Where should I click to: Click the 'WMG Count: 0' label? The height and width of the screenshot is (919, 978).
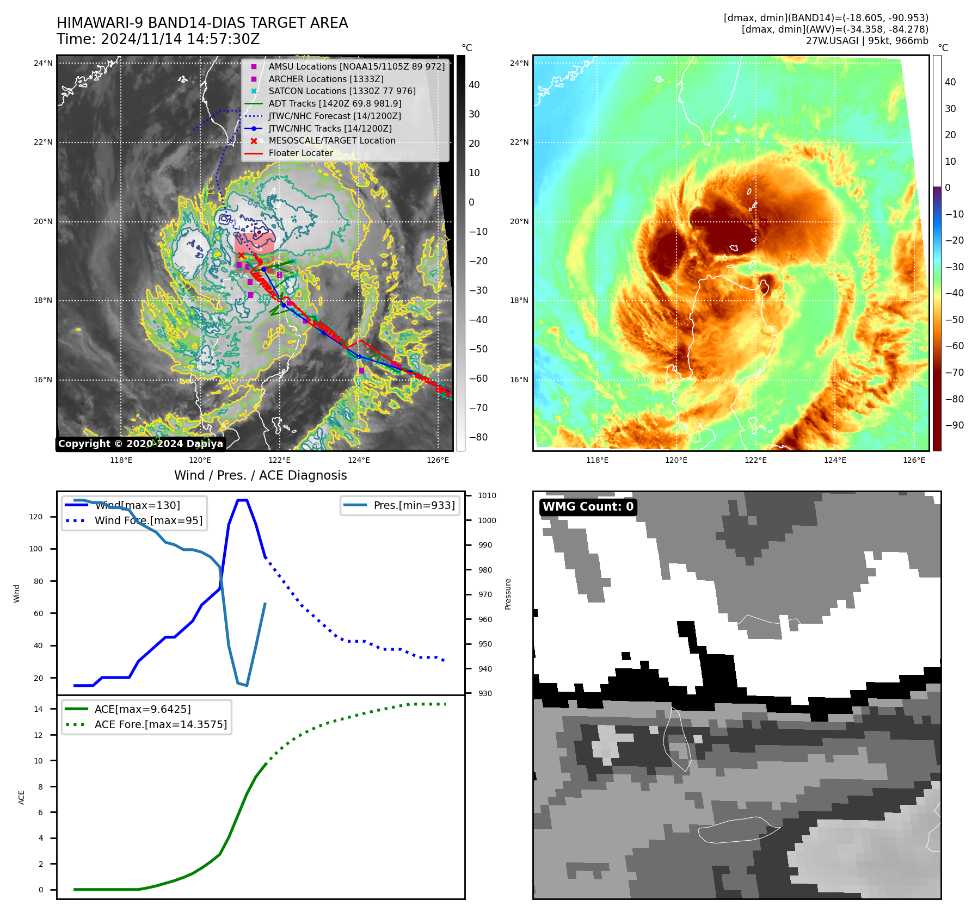click(588, 507)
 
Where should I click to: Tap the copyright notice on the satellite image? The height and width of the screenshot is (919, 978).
click(140, 444)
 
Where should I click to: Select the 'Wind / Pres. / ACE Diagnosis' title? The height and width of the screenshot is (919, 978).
click(260, 475)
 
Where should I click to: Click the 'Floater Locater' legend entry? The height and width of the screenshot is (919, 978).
click(300, 153)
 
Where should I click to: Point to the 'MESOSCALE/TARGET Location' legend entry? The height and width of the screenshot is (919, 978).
click(331, 141)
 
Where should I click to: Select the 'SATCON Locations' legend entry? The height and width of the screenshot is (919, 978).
click(342, 91)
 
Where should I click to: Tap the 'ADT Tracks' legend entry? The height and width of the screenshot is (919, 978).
click(335, 104)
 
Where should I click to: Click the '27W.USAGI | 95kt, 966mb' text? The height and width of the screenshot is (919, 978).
click(867, 41)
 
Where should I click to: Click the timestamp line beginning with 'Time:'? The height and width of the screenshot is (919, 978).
click(158, 40)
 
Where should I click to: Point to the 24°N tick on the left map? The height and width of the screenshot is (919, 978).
click(43, 63)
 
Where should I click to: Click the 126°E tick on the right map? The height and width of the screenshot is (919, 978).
click(914, 460)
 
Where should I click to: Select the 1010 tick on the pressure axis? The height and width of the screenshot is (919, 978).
click(487, 495)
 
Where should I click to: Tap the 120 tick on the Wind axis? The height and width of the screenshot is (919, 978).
click(36, 517)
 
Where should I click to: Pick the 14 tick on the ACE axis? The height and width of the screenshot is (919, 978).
click(38, 709)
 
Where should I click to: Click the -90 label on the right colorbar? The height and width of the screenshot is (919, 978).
click(954, 425)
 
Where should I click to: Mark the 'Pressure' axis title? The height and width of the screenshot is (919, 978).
click(508, 594)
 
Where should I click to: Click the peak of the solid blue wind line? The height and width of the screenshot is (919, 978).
click(242, 500)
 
